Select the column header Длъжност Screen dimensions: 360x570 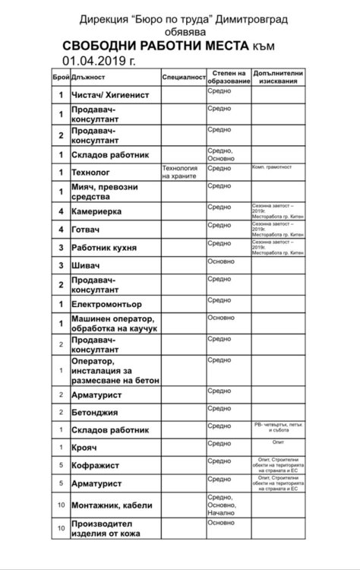click(x=89, y=77)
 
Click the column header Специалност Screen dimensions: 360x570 click(x=182, y=77)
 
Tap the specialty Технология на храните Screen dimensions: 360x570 click(x=179, y=172)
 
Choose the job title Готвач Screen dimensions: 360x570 click(x=86, y=230)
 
